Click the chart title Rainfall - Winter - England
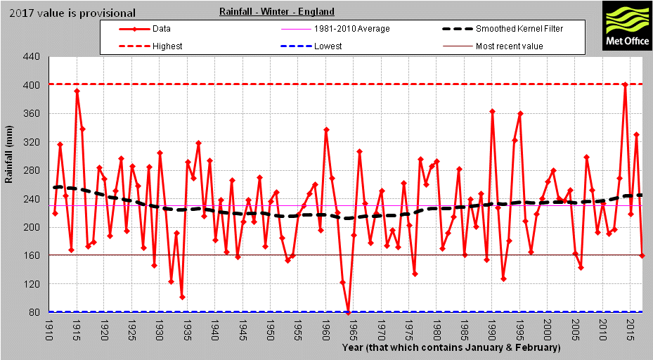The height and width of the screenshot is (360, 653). coord(276,12)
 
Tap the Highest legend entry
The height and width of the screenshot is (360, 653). coord(167,46)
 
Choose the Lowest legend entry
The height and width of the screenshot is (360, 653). coord(328,46)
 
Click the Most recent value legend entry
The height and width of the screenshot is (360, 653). coord(509,46)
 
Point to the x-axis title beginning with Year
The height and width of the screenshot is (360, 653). coord(451,348)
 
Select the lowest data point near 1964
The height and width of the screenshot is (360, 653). coord(348,312)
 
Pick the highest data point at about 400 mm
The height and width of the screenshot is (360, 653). coord(625,85)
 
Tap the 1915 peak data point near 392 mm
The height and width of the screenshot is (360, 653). coord(77,91)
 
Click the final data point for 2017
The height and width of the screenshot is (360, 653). coord(642,255)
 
